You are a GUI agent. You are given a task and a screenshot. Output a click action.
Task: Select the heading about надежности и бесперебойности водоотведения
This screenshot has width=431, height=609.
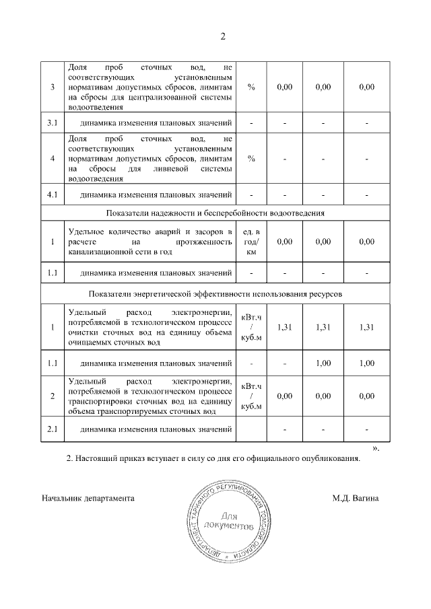216,213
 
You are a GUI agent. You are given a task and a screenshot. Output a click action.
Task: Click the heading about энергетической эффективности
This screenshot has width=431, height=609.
216,295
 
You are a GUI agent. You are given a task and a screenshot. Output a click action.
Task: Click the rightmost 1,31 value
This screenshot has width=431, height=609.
367,327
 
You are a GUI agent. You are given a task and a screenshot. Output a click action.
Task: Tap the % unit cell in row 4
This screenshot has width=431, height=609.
251,159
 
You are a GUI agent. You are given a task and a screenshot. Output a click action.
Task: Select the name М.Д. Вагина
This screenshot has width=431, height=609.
355,499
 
